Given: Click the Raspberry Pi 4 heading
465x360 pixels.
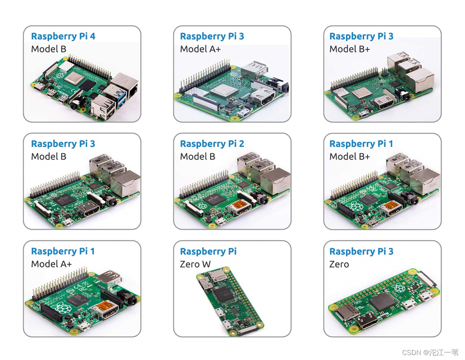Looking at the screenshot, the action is pos(63,36).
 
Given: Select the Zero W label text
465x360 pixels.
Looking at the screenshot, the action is pos(195,264).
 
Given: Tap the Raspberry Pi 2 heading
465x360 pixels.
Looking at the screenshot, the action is pos(212,144).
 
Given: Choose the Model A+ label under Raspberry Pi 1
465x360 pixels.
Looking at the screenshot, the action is pos(51,264).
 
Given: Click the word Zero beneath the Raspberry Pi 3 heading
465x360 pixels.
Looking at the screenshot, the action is pos(339,264).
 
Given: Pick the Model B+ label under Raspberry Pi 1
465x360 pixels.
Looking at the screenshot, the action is pos(349,157).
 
